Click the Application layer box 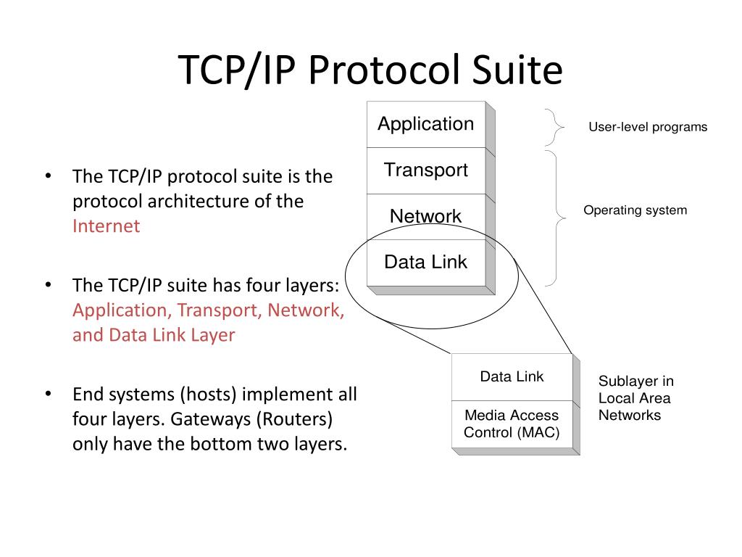click(425, 124)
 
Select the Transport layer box click(425, 170)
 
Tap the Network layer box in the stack click(425, 216)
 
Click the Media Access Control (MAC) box click(511, 424)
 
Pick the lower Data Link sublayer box click(511, 376)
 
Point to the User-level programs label click(647, 128)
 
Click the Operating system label click(635, 210)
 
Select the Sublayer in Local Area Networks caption click(635, 398)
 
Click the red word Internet click(106, 226)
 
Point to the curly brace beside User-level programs click(556, 128)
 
